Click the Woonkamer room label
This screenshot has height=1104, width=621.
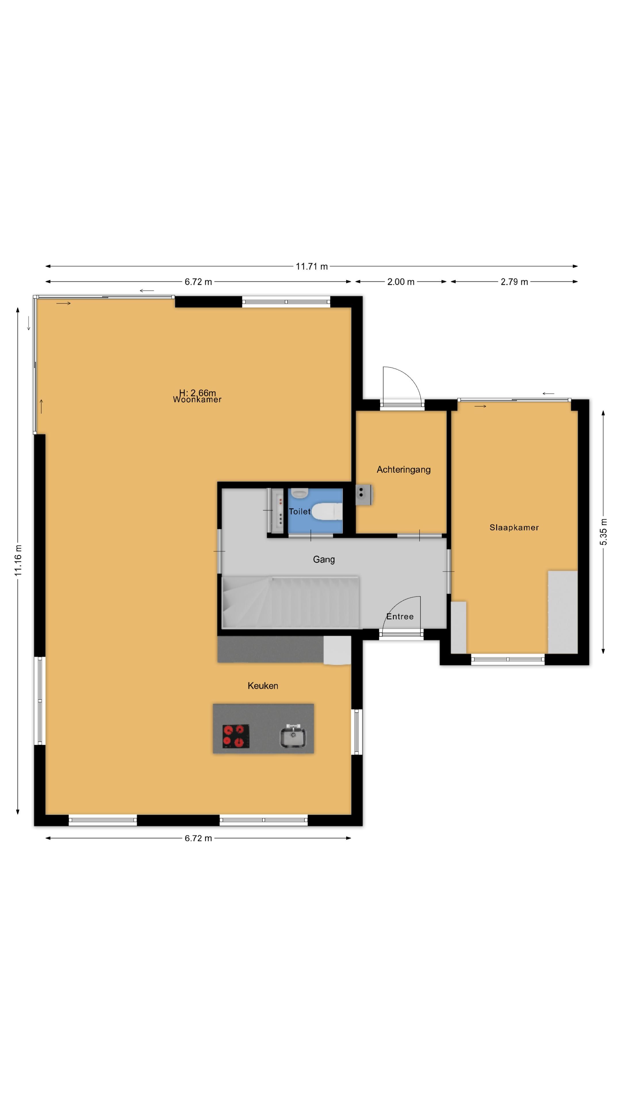point(197,400)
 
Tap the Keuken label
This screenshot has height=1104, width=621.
point(263,686)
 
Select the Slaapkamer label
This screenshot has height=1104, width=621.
point(514,528)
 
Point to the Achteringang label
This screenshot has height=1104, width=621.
point(403,470)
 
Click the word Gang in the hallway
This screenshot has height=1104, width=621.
point(323,559)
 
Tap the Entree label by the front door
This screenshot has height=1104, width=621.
point(400,617)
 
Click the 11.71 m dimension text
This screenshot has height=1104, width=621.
point(312,266)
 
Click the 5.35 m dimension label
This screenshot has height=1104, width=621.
point(603,532)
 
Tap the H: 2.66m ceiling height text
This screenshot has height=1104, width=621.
point(197,392)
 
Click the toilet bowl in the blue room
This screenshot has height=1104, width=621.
point(326,511)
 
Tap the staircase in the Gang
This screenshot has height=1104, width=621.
point(290,602)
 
